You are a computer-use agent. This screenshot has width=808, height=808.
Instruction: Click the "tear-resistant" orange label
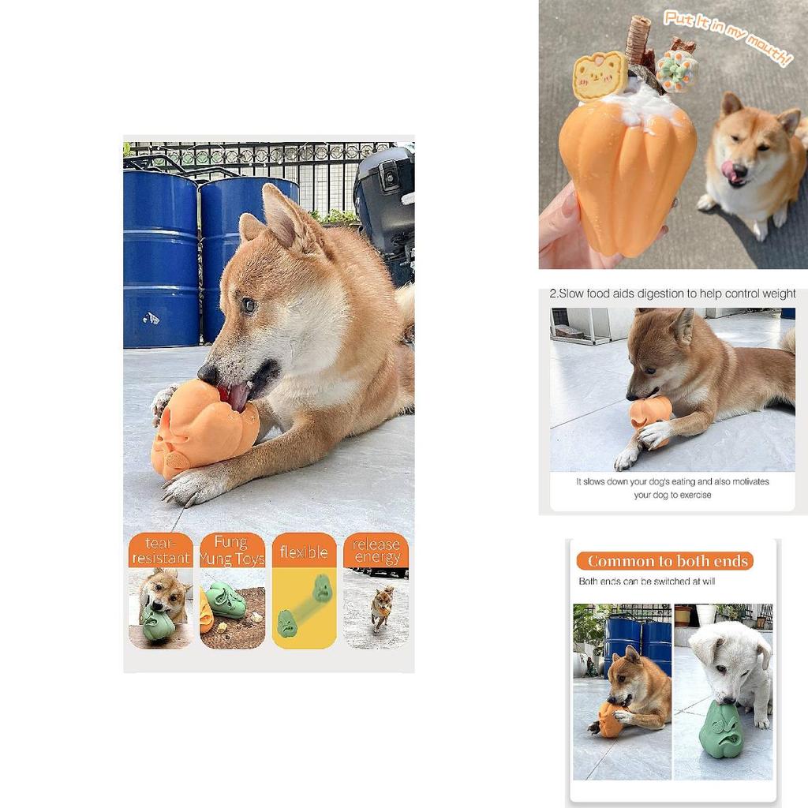coord(160,551)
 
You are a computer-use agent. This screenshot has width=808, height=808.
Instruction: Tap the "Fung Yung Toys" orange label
coord(232,551)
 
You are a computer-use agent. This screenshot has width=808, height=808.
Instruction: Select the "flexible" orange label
coord(304,552)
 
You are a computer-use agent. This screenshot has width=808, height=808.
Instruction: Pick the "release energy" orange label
coord(376,551)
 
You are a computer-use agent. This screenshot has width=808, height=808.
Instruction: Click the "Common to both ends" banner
coord(664,561)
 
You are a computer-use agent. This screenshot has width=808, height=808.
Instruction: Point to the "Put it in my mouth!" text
coord(727,38)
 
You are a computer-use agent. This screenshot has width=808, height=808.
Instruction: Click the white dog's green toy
coord(720,729)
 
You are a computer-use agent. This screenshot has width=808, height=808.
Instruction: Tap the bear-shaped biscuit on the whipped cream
coord(599,76)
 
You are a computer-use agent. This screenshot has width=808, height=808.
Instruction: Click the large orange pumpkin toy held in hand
coord(627,178)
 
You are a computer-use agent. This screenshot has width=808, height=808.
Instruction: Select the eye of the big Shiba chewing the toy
coord(249,305)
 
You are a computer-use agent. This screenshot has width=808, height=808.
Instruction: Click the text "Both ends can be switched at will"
coord(646,582)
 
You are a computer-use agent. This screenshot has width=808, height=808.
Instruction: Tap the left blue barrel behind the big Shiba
coord(159,260)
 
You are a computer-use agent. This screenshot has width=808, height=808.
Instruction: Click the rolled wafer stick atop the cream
coord(637,39)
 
